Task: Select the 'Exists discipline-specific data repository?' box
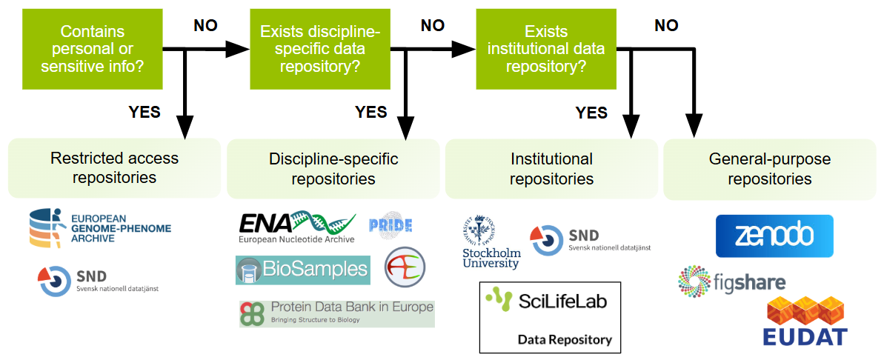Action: (x=320, y=50)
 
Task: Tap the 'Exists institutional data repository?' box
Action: (x=545, y=50)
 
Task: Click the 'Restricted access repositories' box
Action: (x=114, y=168)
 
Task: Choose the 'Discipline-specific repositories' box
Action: (x=333, y=169)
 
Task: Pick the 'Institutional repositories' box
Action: (x=551, y=169)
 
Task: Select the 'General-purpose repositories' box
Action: (x=769, y=169)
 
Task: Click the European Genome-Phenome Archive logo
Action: (x=99, y=228)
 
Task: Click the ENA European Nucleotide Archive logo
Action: (x=297, y=227)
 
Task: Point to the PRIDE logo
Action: (x=391, y=225)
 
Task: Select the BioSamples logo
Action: (x=302, y=270)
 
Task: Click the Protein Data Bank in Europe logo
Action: (x=336, y=313)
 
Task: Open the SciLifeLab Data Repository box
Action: (x=550, y=317)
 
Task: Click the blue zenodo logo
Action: (x=774, y=236)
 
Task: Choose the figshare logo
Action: (x=731, y=281)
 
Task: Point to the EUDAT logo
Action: (x=805, y=321)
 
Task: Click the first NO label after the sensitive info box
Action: (x=206, y=26)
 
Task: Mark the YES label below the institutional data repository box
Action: (x=591, y=113)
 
